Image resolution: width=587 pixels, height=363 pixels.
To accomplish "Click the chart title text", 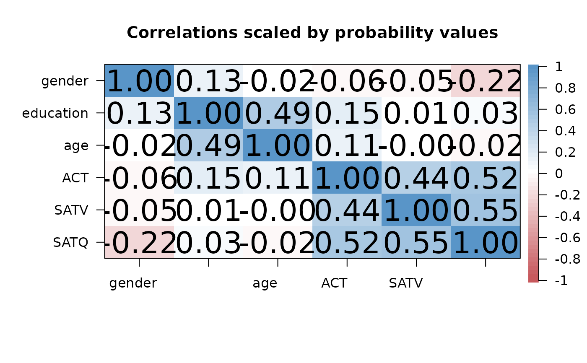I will pos(312,33).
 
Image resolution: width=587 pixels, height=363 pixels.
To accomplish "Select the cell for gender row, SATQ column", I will pos(486,81).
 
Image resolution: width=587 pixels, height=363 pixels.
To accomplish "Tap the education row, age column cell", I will pos(278,113).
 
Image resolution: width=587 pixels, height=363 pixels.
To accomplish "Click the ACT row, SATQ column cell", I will pos(486,178).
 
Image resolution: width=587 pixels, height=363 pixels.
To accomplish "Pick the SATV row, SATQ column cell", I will pos(486,210).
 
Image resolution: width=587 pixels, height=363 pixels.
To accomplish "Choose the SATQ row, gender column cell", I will pos(139,242).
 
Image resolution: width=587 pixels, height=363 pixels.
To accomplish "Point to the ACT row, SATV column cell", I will pos(416,178).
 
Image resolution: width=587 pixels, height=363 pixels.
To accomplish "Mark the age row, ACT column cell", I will pos(347,145).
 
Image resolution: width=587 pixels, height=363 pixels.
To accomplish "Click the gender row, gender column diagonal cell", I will pos(139,81).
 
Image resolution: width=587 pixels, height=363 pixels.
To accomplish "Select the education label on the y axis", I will pos(55,113).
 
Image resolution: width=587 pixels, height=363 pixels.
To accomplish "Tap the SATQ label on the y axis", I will pos(70,242).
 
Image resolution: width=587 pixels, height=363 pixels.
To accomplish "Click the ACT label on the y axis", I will pos(75,178).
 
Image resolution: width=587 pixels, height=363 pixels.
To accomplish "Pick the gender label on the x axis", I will pos(133,283).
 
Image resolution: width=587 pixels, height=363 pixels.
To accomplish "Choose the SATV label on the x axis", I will pos(405,283).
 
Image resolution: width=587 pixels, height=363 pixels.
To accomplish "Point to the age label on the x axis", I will pos(265,283).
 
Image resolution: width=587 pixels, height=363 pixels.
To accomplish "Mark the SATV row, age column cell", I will pos(278,210).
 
